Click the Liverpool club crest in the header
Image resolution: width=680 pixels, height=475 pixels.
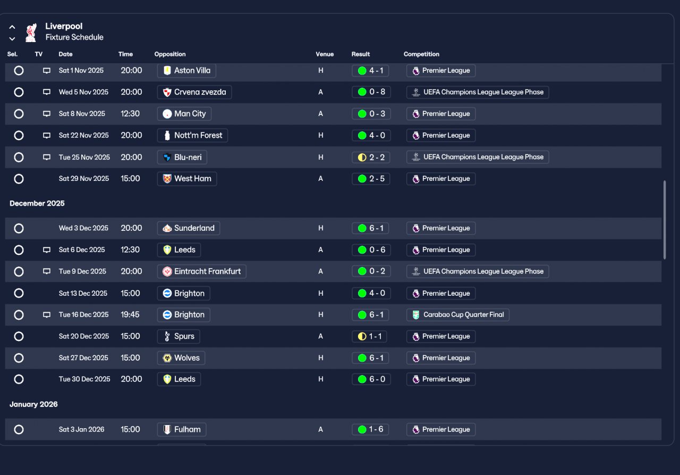pyautogui.click(x=31, y=32)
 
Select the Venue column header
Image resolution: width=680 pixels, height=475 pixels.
pyautogui.click(x=325, y=54)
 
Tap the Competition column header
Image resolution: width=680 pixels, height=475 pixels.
pyautogui.click(x=421, y=54)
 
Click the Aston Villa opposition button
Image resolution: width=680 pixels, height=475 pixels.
pyautogui.click(x=186, y=71)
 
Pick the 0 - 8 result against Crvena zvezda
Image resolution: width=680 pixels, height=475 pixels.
pyautogui.click(x=371, y=92)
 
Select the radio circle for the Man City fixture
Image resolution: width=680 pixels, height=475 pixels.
pyautogui.click(x=19, y=114)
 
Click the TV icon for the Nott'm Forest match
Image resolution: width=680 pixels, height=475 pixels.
pyautogui.click(x=46, y=135)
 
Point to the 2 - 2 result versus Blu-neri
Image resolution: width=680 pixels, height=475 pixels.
pyautogui.click(x=371, y=157)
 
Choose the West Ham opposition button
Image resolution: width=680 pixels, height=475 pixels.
pyautogui.click(x=187, y=179)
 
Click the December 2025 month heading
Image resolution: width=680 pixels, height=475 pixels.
pyautogui.click(x=37, y=203)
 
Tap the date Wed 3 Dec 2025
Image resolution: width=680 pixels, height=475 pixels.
pyautogui.click(x=83, y=228)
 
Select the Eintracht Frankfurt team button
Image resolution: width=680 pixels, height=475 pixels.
pyautogui.click(x=201, y=271)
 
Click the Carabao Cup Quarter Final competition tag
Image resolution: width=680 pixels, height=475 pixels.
pyautogui.click(x=458, y=314)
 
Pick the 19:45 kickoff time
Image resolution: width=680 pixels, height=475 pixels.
pyautogui.click(x=130, y=314)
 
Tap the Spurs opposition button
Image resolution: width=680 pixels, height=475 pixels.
pyautogui.click(x=178, y=336)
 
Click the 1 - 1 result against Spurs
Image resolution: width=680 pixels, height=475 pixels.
pyautogui.click(x=369, y=336)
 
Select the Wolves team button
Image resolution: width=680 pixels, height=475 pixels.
pyautogui.click(x=181, y=358)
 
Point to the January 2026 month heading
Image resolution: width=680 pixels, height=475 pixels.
pyautogui.click(x=33, y=404)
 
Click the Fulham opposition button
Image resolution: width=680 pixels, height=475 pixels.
pyautogui.click(x=182, y=429)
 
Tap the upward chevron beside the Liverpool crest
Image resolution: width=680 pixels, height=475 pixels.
pyautogui.click(x=12, y=27)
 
